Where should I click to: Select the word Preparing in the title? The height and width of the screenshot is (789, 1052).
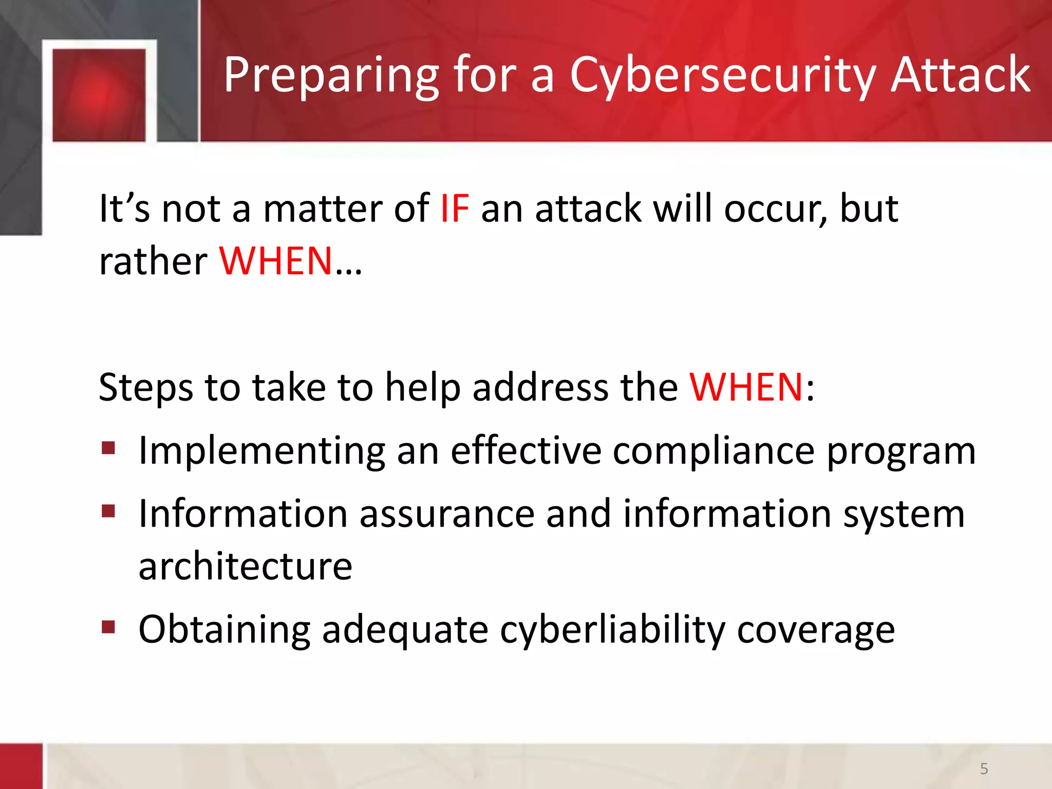coord(331,76)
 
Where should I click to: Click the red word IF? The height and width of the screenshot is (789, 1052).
coord(455,209)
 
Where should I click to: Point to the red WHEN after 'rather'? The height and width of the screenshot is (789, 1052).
coord(276,261)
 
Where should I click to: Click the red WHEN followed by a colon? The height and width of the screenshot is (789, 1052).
coord(746,387)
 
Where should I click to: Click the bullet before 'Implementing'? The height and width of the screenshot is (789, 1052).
coord(108,448)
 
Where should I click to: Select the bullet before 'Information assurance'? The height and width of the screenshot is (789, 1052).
coord(108,511)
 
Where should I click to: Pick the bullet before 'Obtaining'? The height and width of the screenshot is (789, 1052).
coord(108,627)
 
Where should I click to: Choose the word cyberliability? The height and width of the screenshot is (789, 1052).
coord(612,630)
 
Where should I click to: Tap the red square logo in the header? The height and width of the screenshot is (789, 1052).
coord(99,95)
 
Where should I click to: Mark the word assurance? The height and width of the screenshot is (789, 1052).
coord(447,514)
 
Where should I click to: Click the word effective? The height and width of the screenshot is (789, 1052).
coord(526,451)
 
